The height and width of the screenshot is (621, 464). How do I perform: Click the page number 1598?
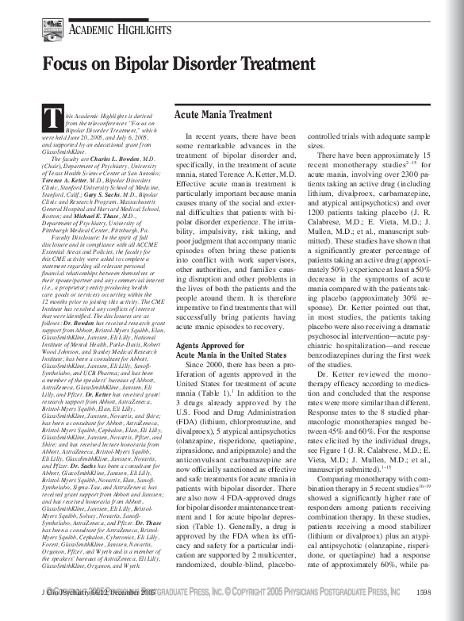point(423,612)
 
